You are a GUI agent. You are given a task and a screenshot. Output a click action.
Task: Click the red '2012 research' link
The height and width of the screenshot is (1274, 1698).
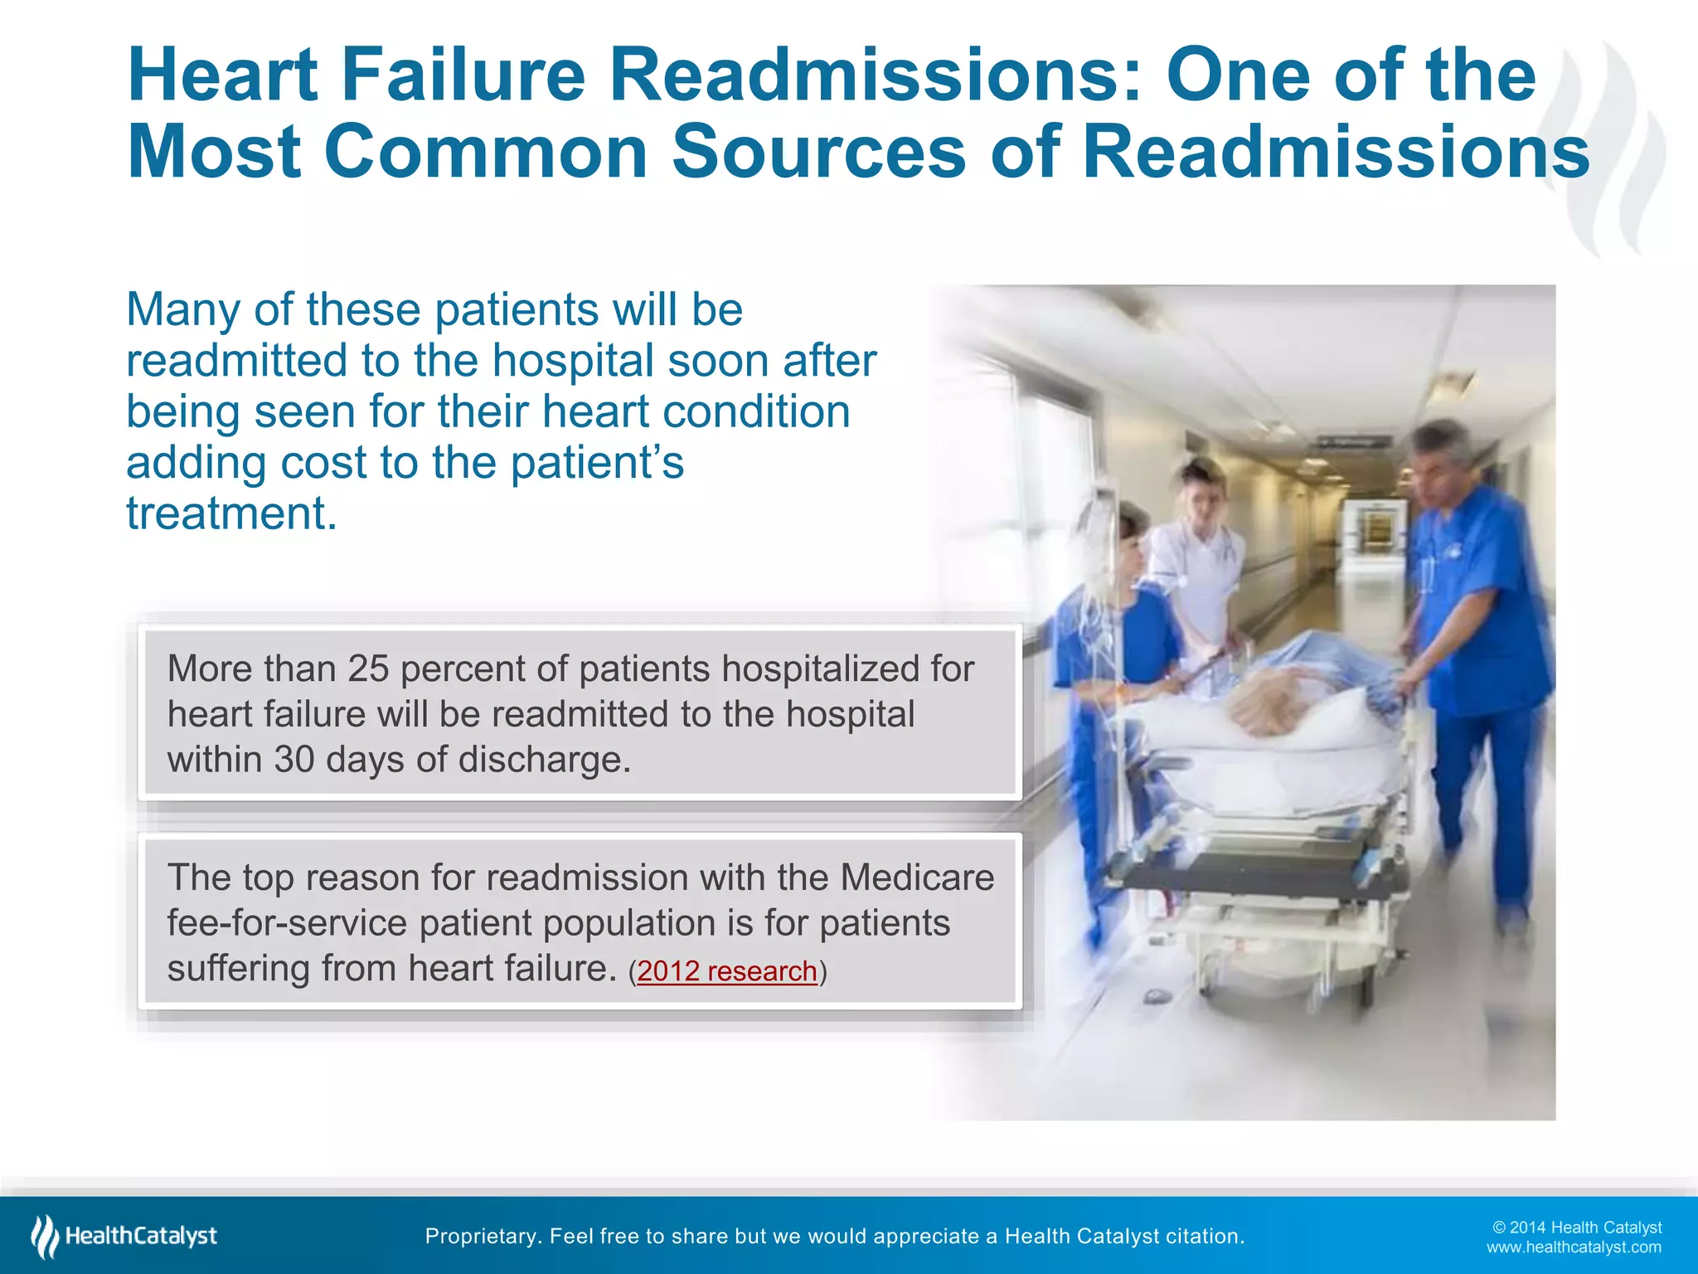click(x=727, y=971)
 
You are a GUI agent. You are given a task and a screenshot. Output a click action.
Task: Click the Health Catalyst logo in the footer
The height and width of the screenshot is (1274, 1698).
click(x=124, y=1237)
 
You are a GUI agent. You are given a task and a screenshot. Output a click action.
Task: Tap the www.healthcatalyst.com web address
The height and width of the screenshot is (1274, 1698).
click(x=1573, y=1247)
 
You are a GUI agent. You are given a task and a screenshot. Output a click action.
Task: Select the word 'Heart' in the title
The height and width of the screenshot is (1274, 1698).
click(x=223, y=76)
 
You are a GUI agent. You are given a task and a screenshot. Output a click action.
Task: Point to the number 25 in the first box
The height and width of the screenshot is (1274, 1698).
click(x=368, y=669)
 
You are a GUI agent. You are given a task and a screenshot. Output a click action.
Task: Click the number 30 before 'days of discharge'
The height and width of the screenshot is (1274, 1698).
click(x=294, y=760)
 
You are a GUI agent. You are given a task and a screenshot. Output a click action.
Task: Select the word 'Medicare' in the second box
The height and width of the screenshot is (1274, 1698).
click(x=917, y=878)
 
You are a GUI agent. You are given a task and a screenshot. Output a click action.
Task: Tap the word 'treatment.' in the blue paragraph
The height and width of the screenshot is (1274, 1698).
click(x=231, y=513)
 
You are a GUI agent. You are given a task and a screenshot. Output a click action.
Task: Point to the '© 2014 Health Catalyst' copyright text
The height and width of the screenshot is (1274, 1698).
click(x=1577, y=1228)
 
